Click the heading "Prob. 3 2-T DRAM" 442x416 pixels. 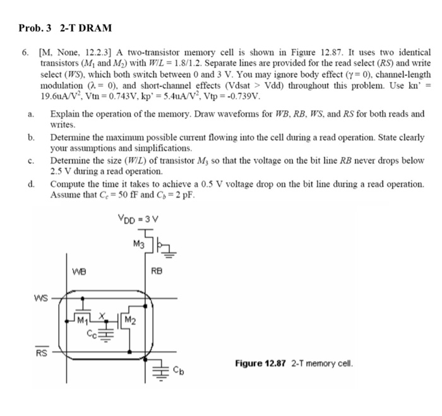pyautogui.click(x=64, y=28)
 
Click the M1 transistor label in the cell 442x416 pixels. pyautogui.click(x=80, y=318)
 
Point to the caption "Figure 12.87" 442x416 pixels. pyautogui.click(x=260, y=364)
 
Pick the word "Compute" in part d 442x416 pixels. pyautogui.click(x=68, y=184)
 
